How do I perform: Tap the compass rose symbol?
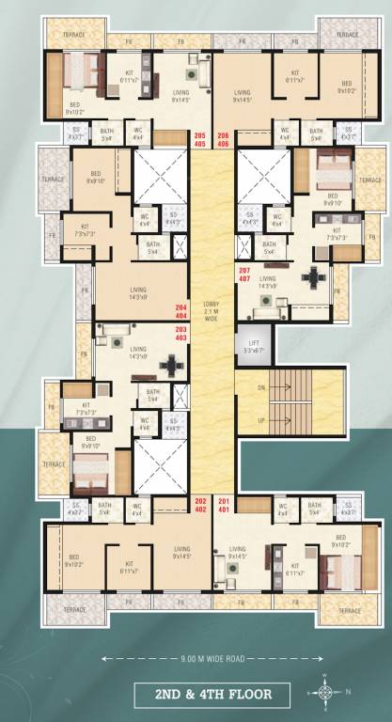pos(324,693)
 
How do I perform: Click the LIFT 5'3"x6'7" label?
pos(254,347)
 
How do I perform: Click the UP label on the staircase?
pos(261,420)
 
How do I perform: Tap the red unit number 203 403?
pos(181,334)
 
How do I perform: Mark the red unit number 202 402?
pos(199,506)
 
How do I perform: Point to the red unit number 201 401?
pos(224,506)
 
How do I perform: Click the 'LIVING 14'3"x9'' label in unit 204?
pos(138,293)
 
